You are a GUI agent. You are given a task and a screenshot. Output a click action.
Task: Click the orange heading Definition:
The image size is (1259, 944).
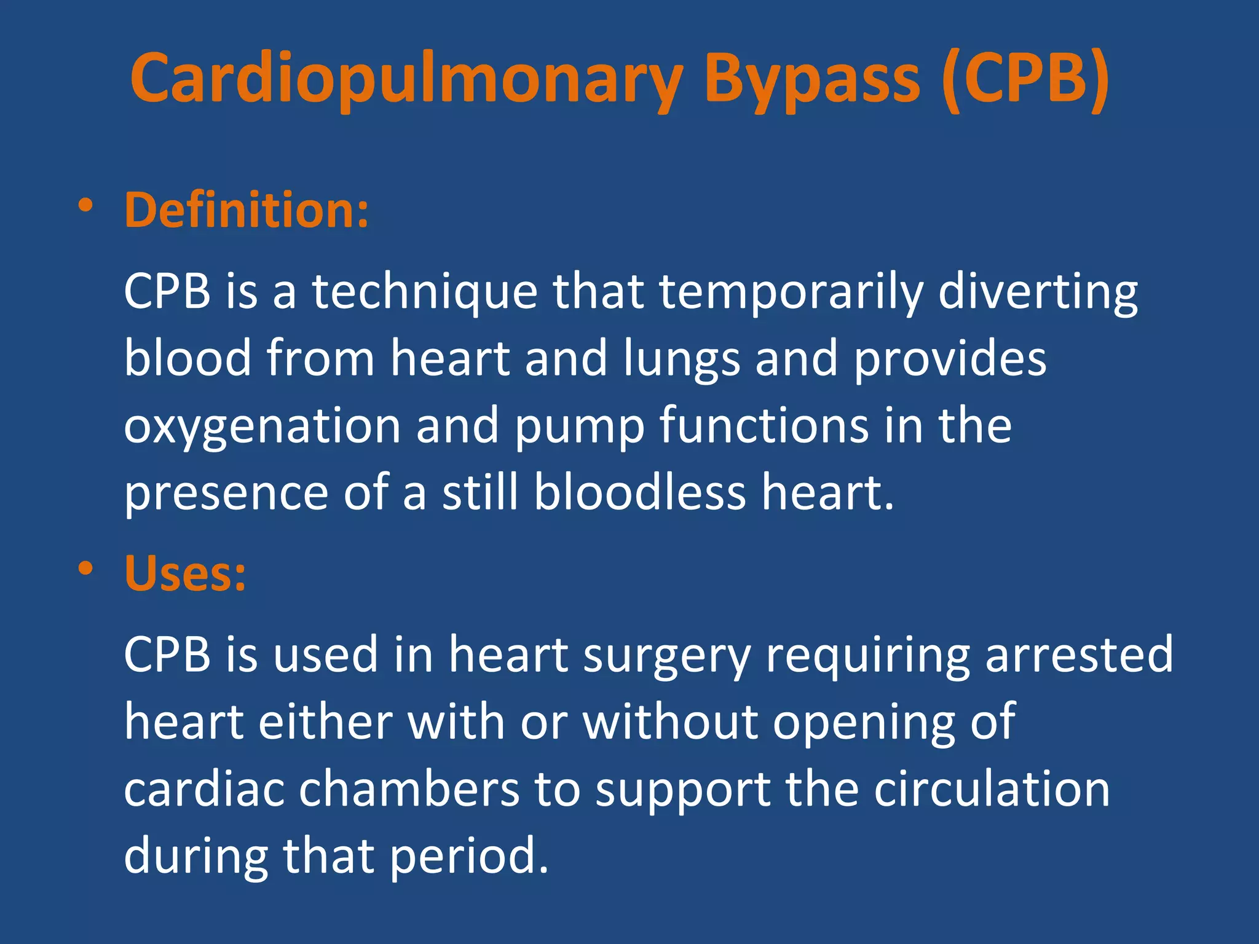pyautogui.click(x=246, y=210)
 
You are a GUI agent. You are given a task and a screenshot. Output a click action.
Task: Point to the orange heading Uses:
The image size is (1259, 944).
pyautogui.click(x=185, y=573)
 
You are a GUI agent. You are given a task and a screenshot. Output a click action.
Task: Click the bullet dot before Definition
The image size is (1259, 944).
pyautogui.click(x=85, y=205)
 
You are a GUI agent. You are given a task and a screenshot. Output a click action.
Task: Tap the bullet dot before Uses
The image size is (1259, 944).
pyautogui.click(x=85, y=568)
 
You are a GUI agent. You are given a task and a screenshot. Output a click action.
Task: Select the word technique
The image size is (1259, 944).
pyautogui.click(x=424, y=291)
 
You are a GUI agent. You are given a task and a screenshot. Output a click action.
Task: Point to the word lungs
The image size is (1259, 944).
pyautogui.click(x=682, y=359)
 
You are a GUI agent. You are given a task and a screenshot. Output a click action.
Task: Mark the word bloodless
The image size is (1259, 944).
pyautogui.click(x=639, y=493)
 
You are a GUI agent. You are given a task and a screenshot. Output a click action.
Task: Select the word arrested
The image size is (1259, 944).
pyautogui.click(x=1079, y=655)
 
